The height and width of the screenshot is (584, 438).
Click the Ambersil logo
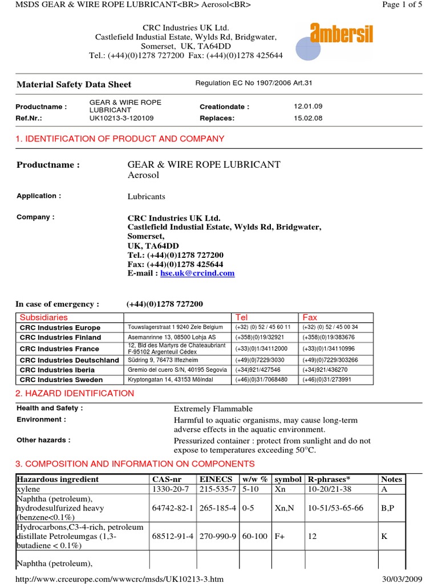tap(341, 34)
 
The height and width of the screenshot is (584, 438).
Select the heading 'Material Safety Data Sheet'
tap(74, 84)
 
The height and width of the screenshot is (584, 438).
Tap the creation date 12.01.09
tap(308, 107)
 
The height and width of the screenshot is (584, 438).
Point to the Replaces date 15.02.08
tap(308, 118)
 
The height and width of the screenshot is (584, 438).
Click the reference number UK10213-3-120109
tap(121, 118)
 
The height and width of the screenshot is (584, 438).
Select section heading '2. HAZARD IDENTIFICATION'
tap(75, 394)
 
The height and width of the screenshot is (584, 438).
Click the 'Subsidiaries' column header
tap(43, 317)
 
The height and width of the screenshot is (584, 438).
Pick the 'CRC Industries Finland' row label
tap(60, 338)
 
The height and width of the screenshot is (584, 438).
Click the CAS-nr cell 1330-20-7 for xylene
tap(172, 489)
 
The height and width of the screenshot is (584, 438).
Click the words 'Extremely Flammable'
tap(213, 409)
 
